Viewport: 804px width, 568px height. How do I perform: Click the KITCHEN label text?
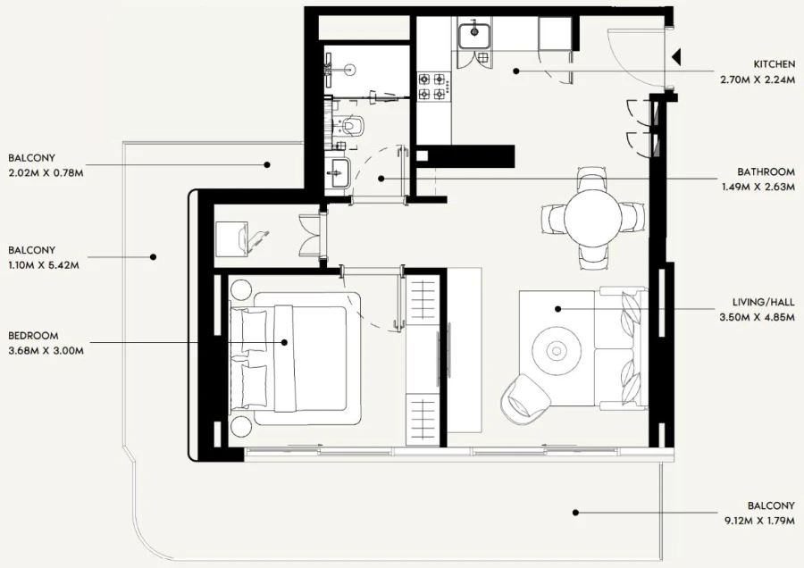coord(775,64)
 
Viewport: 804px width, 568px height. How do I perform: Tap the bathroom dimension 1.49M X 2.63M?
coord(758,188)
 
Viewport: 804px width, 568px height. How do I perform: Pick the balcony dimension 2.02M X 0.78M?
coord(46,172)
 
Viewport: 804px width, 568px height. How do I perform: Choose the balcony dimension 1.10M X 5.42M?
coord(46,265)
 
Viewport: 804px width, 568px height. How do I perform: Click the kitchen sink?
coord(473,36)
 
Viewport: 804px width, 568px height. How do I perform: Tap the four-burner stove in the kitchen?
coord(432,86)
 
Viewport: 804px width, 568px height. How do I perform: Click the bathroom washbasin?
coord(338,172)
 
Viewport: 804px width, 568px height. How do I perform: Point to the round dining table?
coord(590,217)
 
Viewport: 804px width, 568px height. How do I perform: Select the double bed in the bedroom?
coord(299,357)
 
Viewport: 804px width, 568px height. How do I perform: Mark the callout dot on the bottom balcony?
coord(575,513)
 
